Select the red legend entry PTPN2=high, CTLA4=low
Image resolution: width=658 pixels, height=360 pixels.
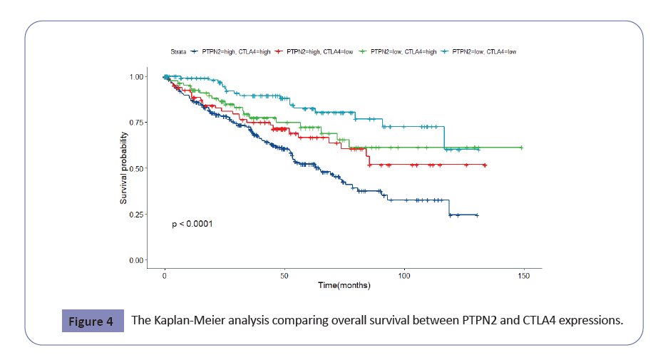click(319, 52)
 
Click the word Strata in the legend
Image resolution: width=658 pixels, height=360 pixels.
click(178, 52)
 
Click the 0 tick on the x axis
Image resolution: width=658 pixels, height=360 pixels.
click(165, 275)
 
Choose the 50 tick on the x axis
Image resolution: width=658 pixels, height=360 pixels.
click(284, 275)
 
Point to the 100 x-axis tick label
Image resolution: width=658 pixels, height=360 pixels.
click(404, 275)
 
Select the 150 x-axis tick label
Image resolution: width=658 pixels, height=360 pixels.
click(524, 275)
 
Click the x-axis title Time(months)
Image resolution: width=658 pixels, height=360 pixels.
click(344, 286)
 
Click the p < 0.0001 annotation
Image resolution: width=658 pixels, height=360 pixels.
click(192, 224)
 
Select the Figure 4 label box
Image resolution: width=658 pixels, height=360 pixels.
click(91, 322)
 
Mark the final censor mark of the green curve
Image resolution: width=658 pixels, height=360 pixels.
click(522, 148)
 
